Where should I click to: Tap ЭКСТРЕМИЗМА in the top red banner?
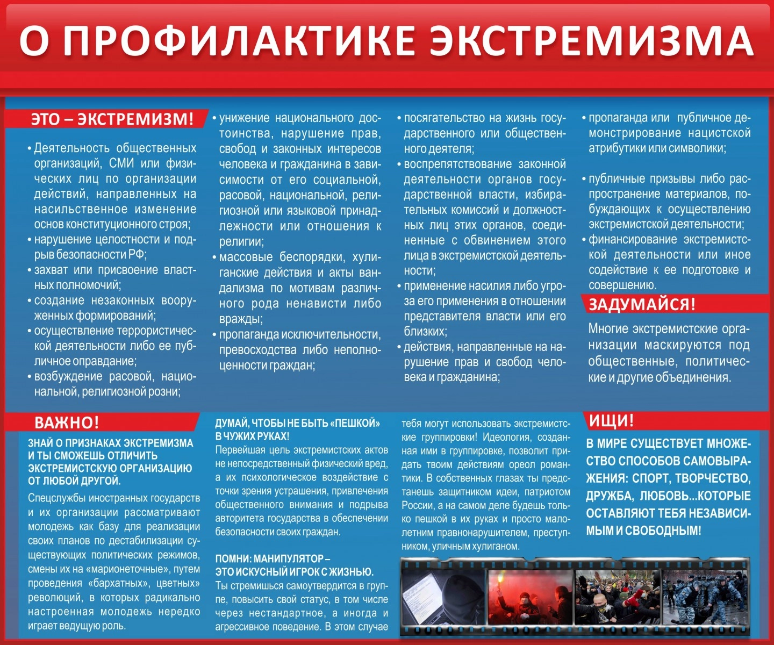pyautogui.click(x=591, y=41)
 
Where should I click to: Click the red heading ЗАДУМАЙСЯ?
pyautogui.click(x=642, y=304)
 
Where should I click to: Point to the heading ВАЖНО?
pyautogui.click(x=67, y=422)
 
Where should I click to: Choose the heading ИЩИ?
pyautogui.click(x=611, y=420)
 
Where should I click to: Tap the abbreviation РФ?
pyautogui.click(x=137, y=254)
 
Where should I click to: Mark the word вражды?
pyautogui.click(x=240, y=319)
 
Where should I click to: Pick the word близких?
pyautogui.click(x=425, y=331)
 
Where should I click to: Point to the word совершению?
pyautogui.click(x=622, y=285)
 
